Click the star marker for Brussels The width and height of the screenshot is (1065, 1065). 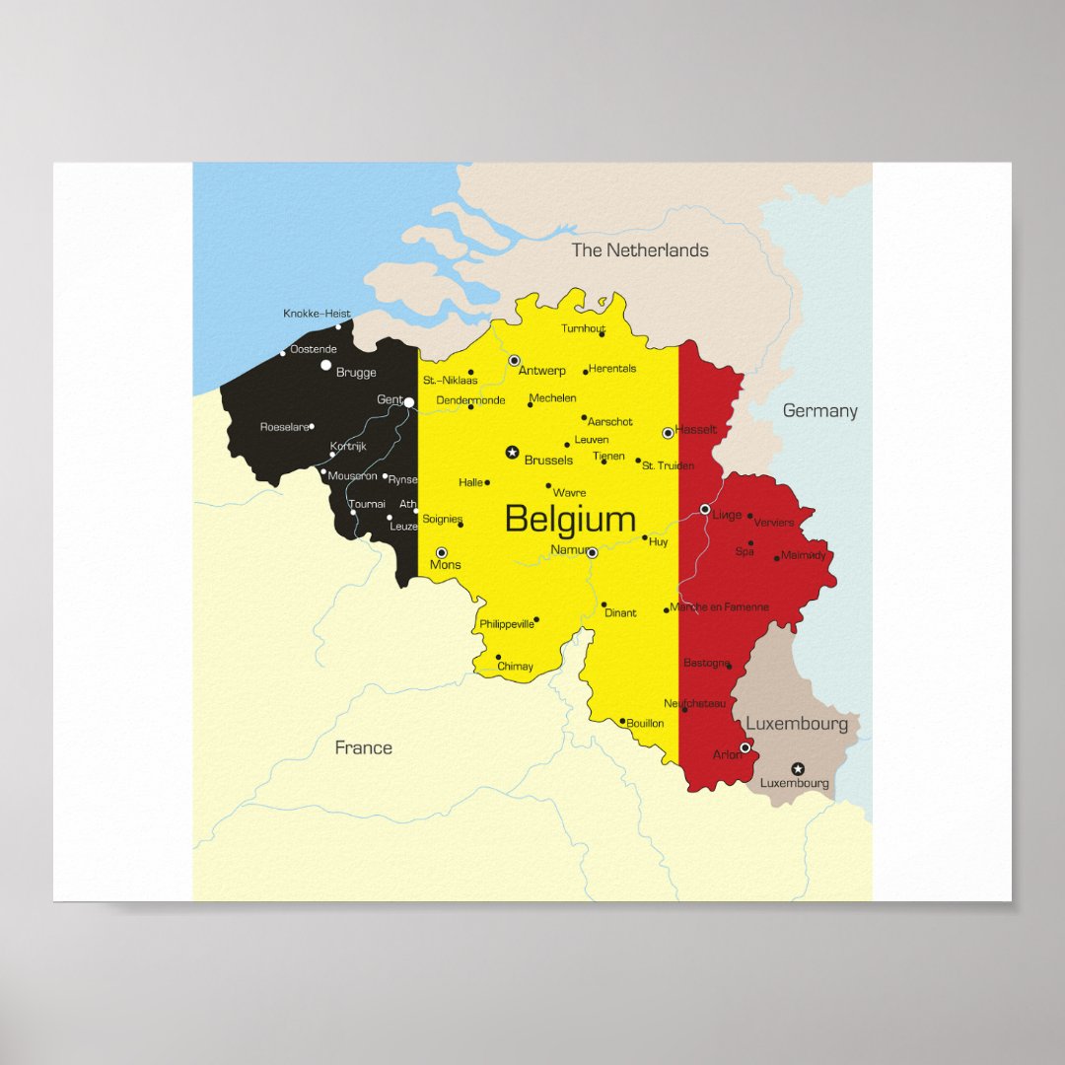coord(512,453)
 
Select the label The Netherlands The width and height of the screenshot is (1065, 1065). coord(640,250)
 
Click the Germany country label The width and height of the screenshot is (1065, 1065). coord(819,411)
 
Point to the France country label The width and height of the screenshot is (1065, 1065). coord(363,747)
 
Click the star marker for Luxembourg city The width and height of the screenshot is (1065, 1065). coord(798,768)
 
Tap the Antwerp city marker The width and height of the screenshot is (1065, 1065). coord(514,361)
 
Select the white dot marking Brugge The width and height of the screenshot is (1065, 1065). coord(326,365)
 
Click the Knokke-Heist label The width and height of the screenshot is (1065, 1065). coord(316,314)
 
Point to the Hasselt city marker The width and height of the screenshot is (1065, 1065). coord(668,433)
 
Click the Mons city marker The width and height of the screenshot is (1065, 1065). coord(442,553)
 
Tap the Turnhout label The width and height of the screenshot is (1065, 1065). coord(583,329)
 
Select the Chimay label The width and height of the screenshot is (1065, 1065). coord(515,667)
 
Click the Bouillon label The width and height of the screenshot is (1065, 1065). coord(645,724)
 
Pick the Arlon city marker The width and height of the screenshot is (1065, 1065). coord(745,747)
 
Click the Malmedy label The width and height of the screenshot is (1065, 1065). coord(804,555)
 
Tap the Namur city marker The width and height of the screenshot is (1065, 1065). coord(592,553)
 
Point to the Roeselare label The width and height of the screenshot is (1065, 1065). coord(284,427)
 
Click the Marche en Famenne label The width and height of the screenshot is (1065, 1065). coord(718,607)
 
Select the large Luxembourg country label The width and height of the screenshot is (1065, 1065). coord(796,724)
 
